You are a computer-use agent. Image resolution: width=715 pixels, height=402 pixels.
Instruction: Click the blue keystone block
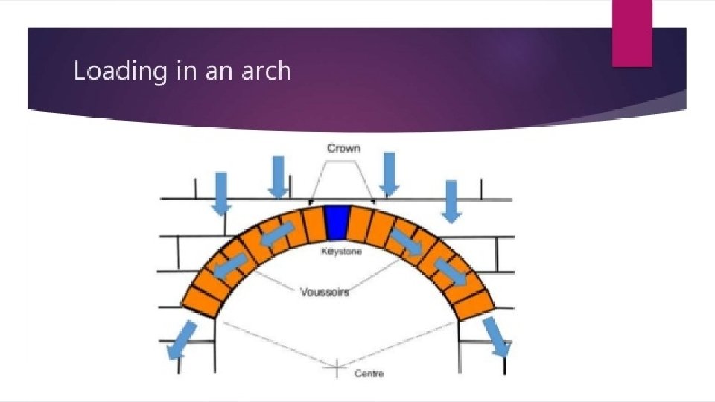click(337, 223)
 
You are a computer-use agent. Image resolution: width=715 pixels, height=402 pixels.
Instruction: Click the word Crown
click(343, 148)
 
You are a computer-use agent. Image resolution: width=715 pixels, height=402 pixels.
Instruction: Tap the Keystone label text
click(341, 252)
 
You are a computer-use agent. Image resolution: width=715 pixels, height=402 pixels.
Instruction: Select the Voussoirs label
click(324, 292)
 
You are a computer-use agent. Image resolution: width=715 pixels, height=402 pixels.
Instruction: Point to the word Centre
click(369, 373)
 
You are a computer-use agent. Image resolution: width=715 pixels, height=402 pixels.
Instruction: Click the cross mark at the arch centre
click(337, 366)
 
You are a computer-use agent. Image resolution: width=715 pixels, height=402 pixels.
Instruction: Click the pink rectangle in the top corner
click(632, 33)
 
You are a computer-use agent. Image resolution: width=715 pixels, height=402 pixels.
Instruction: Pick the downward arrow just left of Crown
click(278, 177)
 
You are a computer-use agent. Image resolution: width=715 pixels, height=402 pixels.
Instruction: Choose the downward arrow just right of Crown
click(389, 173)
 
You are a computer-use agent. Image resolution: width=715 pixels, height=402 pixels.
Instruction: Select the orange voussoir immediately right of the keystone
click(360, 224)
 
